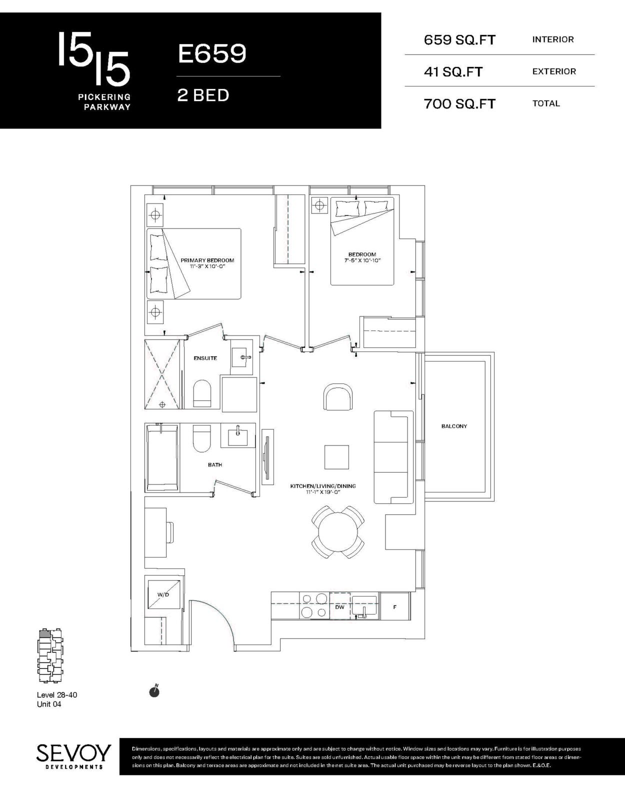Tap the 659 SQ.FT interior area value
pos(459,40)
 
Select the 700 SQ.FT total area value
pos(459,104)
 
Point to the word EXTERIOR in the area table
pos(554,71)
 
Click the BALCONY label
pos(454,426)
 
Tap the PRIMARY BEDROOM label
pos(207,260)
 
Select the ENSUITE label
pos(205,358)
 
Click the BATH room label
pos(215,464)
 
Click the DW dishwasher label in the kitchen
pos(339,607)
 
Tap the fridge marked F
pos(394,607)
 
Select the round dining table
pos(337,532)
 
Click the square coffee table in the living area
pos(336,457)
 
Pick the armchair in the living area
pos(338,397)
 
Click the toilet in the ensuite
pos(202,393)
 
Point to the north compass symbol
pos(154,691)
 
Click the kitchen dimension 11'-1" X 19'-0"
pos(322,492)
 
